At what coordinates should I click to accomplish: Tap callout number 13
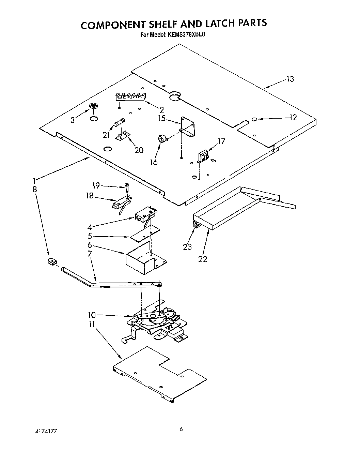coord(290,79)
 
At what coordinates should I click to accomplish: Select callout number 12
coord(293,118)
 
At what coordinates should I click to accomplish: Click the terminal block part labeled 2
coord(130,97)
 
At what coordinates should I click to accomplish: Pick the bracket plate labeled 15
coord(188,127)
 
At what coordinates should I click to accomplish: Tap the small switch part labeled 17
coord(203,156)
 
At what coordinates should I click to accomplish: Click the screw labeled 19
coord(127,186)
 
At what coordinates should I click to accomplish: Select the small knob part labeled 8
coord(52,262)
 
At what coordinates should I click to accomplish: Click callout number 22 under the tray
coord(203,259)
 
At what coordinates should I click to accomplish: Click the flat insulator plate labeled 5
coord(145,235)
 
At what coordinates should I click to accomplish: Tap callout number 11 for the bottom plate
coord(91,325)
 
